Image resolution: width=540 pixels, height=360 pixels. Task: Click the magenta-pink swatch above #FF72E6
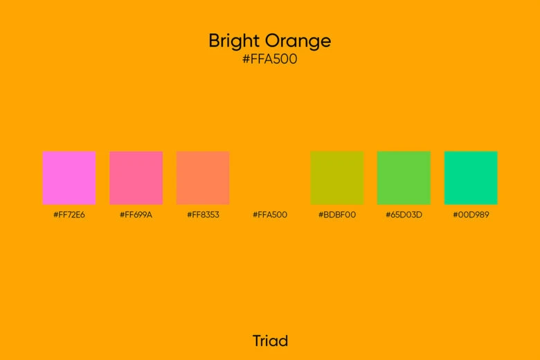tap(69, 178)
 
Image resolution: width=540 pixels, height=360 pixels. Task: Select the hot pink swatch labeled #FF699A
tap(136, 178)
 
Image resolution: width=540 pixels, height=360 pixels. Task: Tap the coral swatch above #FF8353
tap(203, 178)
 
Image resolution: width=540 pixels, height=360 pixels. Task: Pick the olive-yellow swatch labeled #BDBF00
tap(337, 178)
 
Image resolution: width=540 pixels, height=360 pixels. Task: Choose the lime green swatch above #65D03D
tap(404, 178)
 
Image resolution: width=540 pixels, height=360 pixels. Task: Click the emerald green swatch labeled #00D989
tap(471, 178)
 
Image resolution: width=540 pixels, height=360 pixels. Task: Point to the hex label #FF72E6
tap(69, 215)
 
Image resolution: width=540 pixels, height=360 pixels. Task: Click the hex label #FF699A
tap(136, 215)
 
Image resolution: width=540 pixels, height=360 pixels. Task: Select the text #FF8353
tap(203, 215)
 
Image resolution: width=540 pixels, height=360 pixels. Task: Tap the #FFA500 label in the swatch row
tap(270, 215)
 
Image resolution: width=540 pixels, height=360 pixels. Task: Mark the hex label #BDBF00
tap(337, 215)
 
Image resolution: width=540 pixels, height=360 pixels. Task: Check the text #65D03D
tap(404, 215)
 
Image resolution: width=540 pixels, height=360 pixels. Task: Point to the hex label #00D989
tap(471, 215)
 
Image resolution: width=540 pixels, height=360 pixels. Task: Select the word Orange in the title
tap(299, 42)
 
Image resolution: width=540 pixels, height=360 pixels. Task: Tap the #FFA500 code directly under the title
tap(270, 60)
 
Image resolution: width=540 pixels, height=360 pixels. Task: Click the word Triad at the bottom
tap(270, 341)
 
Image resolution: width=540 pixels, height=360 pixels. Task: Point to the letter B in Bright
tap(215, 41)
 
